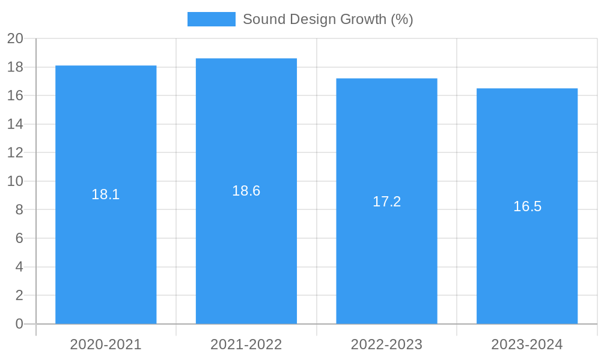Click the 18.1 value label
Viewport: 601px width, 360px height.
coord(106,194)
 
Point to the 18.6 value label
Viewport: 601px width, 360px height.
coord(246,191)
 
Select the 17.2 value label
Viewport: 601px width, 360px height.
coord(386,202)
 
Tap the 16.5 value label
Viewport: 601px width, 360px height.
coord(527,206)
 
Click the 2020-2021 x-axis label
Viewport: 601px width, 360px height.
coord(106,344)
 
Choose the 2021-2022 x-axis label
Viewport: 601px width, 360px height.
coord(246,344)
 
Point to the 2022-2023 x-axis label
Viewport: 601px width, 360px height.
coord(386,344)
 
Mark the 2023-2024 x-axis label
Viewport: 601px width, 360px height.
coord(527,344)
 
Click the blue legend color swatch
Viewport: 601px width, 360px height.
coord(212,19)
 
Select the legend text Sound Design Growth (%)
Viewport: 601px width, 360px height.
coord(328,19)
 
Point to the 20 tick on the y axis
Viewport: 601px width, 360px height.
coord(16,39)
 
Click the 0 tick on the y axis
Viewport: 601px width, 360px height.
coord(19,324)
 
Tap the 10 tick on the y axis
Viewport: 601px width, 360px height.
coord(16,181)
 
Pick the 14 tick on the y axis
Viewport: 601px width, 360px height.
coord(16,124)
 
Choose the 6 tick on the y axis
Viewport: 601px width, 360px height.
coord(19,238)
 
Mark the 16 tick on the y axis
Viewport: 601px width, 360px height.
coord(16,96)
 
